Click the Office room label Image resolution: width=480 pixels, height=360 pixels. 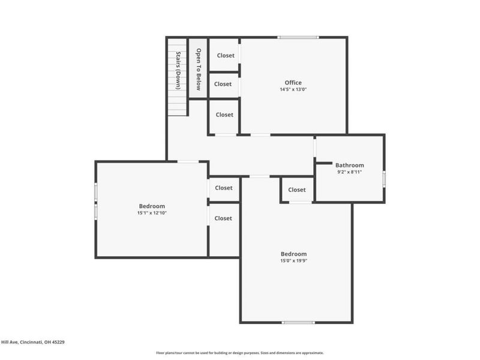(x=293, y=83)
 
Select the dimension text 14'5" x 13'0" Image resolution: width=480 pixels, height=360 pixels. (x=293, y=89)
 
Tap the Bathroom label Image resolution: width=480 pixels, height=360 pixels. (x=349, y=165)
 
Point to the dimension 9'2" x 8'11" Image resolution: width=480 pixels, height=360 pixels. (x=349, y=172)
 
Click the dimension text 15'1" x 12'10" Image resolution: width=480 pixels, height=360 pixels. (x=151, y=212)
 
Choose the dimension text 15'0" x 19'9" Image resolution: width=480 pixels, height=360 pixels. (x=294, y=260)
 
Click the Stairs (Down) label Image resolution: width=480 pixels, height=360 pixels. (x=178, y=70)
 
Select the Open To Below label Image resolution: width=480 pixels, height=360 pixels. (x=198, y=69)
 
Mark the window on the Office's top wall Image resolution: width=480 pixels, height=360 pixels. (x=298, y=38)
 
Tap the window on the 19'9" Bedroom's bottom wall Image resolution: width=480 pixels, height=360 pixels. (x=298, y=323)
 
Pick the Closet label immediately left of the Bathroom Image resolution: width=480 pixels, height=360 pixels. (x=296, y=190)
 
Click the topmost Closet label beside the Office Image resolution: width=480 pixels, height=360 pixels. (x=226, y=55)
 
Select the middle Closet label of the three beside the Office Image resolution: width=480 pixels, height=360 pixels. (x=223, y=84)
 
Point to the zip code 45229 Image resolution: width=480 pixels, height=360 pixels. (x=58, y=342)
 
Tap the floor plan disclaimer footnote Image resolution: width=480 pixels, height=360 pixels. (x=240, y=353)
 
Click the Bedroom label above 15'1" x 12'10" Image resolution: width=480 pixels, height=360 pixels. (x=151, y=206)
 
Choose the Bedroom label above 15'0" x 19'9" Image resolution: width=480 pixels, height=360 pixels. (x=294, y=254)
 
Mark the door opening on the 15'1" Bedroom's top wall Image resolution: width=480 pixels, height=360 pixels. (x=188, y=161)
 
